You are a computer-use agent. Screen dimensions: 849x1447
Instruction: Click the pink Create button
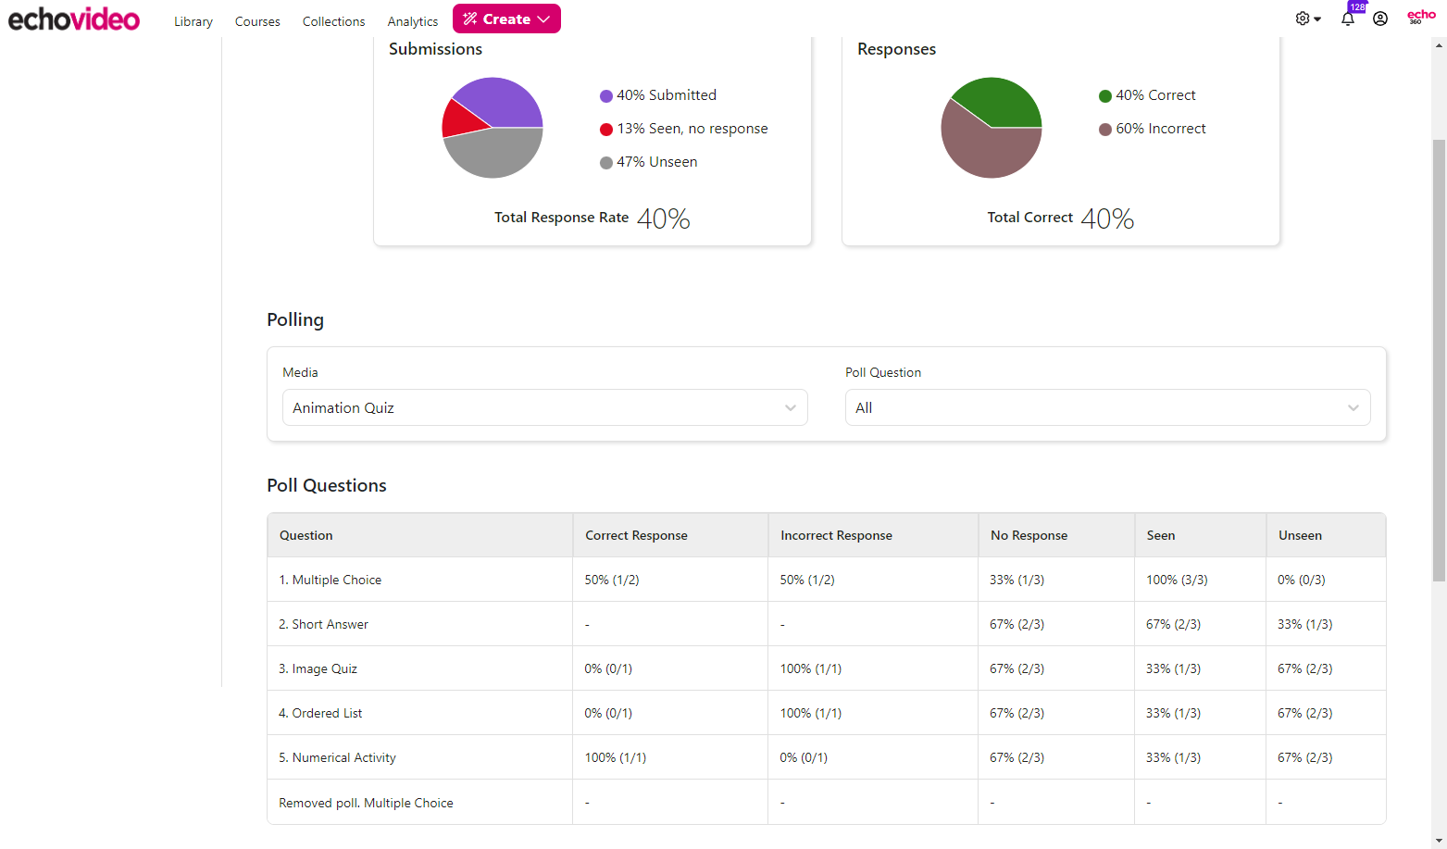tap(506, 19)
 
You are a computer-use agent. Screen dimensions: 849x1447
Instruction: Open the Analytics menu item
tap(412, 21)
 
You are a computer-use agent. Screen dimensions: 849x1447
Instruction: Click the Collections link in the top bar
tap(333, 21)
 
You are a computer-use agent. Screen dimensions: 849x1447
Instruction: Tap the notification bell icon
tap(1348, 19)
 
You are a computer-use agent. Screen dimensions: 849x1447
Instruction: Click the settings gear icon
tap(1304, 19)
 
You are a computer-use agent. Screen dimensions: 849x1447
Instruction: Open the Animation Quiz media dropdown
tap(544, 407)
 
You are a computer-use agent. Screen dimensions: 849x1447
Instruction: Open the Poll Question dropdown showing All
tap(1107, 407)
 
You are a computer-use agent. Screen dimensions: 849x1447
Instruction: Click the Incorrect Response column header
tap(836, 535)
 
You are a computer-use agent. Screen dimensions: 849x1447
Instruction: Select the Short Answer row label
tap(324, 624)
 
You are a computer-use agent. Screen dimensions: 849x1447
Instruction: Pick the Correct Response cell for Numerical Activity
tap(616, 757)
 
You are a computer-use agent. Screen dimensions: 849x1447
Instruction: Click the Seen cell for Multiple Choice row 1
tap(1177, 580)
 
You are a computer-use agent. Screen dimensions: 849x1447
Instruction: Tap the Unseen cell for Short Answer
tap(1304, 624)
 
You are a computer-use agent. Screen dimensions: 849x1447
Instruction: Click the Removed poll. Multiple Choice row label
tap(367, 803)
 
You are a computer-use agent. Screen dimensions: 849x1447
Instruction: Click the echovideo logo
tap(74, 19)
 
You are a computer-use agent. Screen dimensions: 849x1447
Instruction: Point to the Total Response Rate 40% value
tap(663, 218)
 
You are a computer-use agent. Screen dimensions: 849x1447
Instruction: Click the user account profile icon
tap(1380, 19)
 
